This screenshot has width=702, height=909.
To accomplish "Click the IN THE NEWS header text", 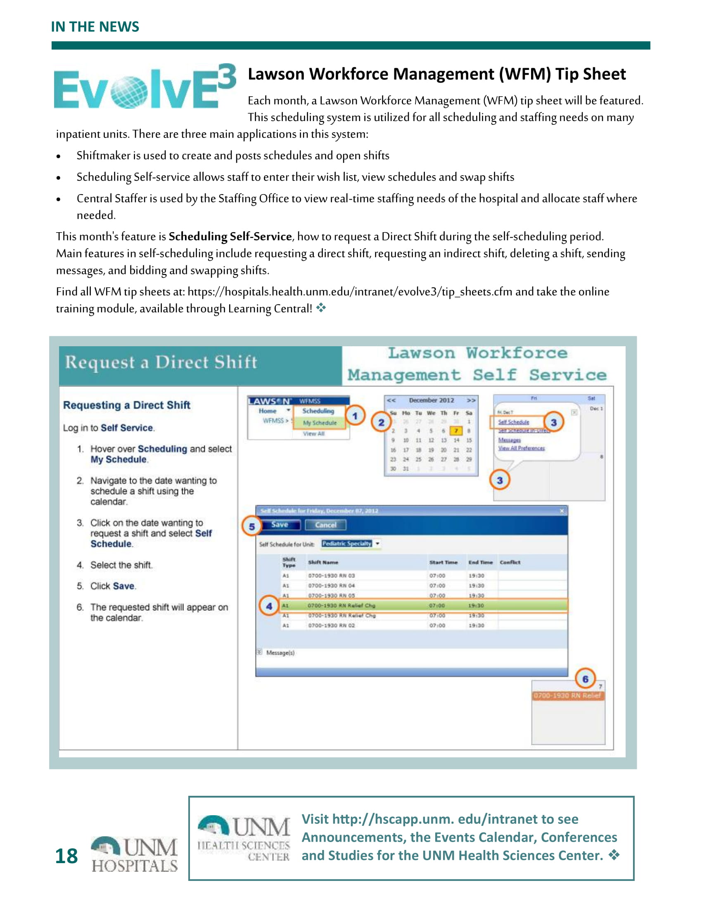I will pyautogui.click(x=95, y=26).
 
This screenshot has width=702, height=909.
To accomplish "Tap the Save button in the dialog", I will pyautogui.click(x=280, y=525).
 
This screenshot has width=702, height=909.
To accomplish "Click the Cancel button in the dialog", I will pyautogui.click(x=326, y=525).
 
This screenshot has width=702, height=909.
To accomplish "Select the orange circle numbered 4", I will pyautogui.click(x=269, y=606).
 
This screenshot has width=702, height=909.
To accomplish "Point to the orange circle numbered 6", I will pyautogui.click(x=585, y=679).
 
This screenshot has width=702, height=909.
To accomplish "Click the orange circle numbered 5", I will pyautogui.click(x=251, y=526).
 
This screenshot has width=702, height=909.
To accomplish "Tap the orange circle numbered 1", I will pyautogui.click(x=355, y=416).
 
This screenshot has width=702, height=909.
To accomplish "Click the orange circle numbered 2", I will pyautogui.click(x=382, y=422).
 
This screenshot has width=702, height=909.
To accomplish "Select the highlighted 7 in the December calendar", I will pyautogui.click(x=456, y=431).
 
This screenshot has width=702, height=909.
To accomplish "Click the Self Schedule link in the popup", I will pyautogui.click(x=514, y=422).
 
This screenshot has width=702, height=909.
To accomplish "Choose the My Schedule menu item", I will pyautogui.click(x=319, y=423).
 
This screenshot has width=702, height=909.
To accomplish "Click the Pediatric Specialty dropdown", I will pyautogui.click(x=351, y=544).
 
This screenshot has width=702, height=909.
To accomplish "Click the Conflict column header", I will pyautogui.click(x=510, y=562).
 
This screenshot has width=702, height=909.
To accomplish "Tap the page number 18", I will pyautogui.click(x=66, y=856).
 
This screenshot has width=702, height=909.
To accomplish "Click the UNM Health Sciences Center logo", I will pyautogui.click(x=244, y=838).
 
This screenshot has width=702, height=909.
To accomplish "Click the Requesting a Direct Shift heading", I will pyautogui.click(x=127, y=405).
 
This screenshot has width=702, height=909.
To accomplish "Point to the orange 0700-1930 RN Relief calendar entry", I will pyautogui.click(x=568, y=695).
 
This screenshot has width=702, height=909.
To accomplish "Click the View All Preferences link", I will pyautogui.click(x=522, y=448).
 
